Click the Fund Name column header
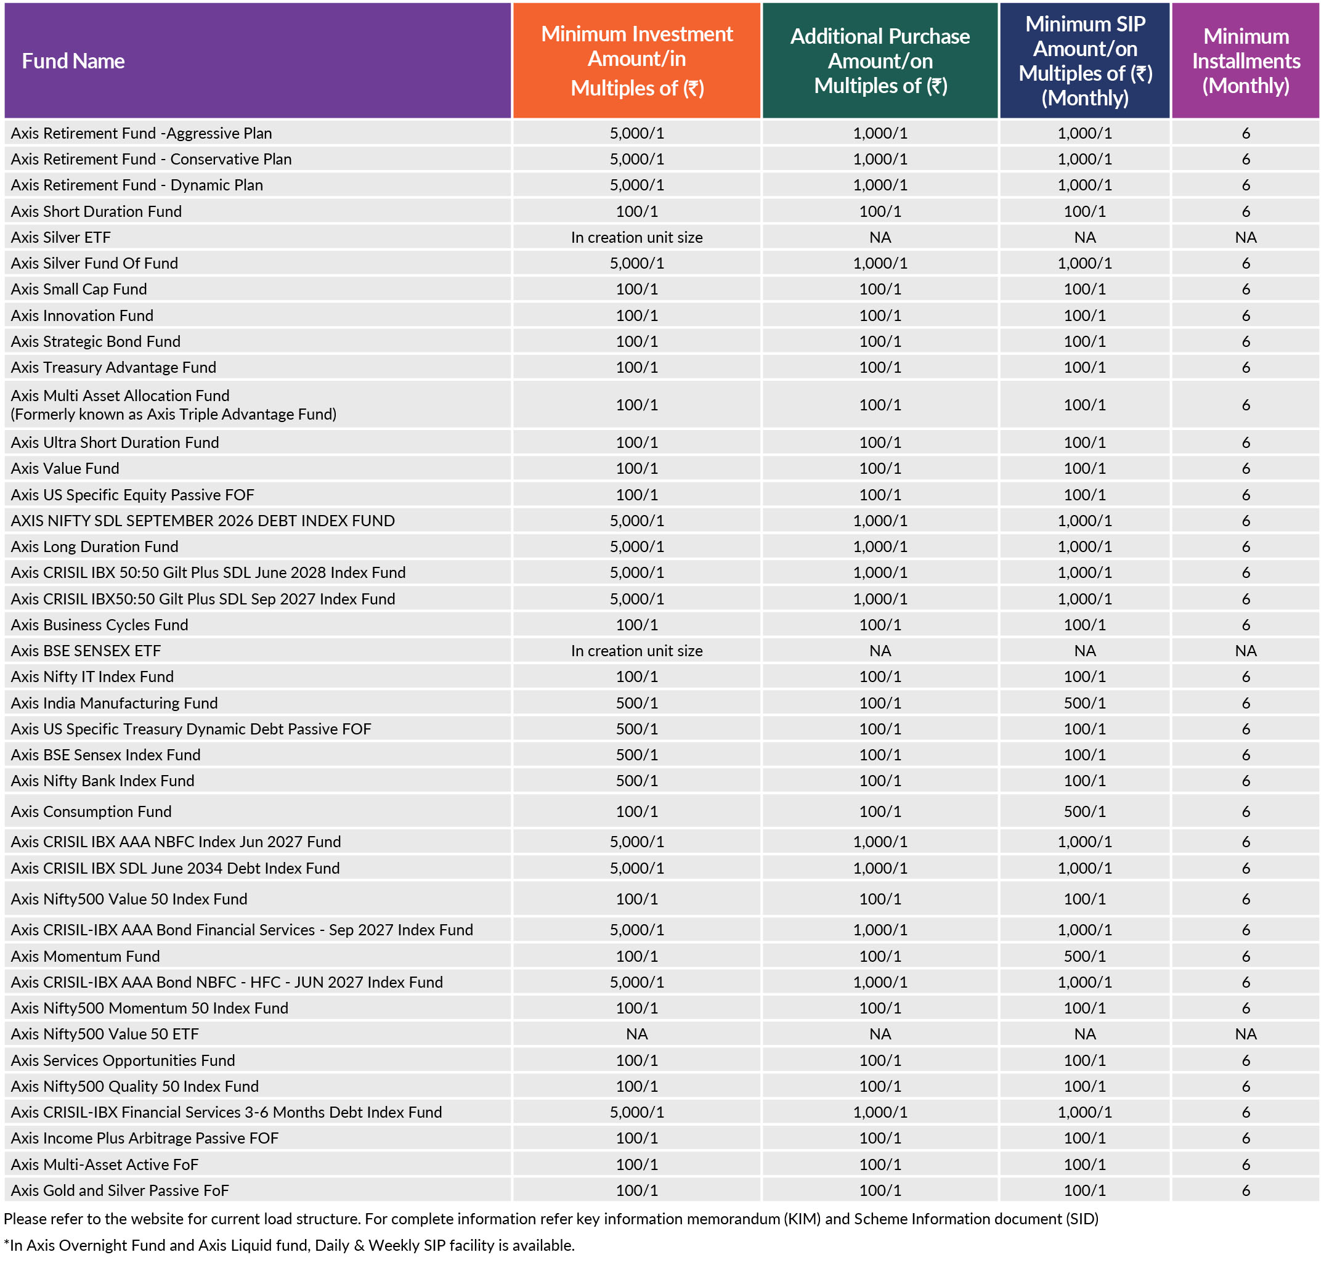pyautogui.click(x=73, y=61)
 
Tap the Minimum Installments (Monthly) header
pyautogui.click(x=1246, y=61)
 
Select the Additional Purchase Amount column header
pyautogui.click(x=880, y=61)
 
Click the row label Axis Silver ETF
pyautogui.click(x=61, y=237)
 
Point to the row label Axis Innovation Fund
pyautogui.click(x=83, y=315)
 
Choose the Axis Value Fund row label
pyautogui.click(x=65, y=468)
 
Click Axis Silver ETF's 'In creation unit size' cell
pyautogui.click(x=636, y=237)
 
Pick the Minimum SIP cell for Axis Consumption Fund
pyautogui.click(x=1084, y=811)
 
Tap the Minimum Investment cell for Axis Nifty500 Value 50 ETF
pyautogui.click(x=636, y=1034)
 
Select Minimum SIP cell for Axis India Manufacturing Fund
pyautogui.click(x=1084, y=702)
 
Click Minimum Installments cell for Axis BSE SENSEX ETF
pyautogui.click(x=1246, y=651)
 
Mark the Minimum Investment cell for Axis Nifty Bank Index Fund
pyautogui.click(x=636, y=780)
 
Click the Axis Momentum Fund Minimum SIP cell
pyautogui.click(x=1084, y=956)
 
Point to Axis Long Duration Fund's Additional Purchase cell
pyautogui.click(x=880, y=547)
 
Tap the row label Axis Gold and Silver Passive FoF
pyautogui.click(x=120, y=1190)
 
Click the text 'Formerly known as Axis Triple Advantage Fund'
pyautogui.click(x=174, y=414)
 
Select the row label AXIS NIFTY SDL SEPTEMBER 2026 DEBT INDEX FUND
pyautogui.click(x=203, y=521)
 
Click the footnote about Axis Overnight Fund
pyautogui.click(x=289, y=1245)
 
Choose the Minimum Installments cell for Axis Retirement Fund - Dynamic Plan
pyautogui.click(x=1246, y=185)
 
